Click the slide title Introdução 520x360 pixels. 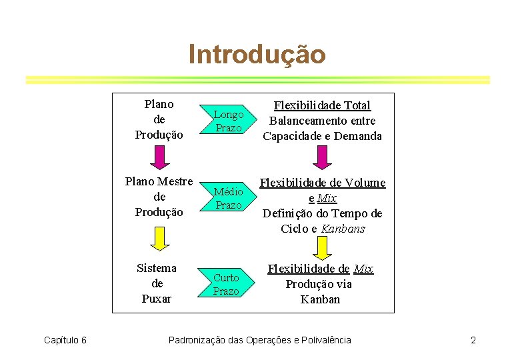pos(257,54)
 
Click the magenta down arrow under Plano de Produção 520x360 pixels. pos(159,157)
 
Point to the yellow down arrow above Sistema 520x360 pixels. pos(159,237)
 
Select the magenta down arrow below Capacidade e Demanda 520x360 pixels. pos(322,157)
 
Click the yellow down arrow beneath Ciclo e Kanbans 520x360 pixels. pos(322,248)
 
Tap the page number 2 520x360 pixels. pos(473,341)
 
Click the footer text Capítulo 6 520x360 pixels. pos(65,341)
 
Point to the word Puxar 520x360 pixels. pos(156,299)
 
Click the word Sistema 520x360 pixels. pos(156,268)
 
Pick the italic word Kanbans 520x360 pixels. pos(343,229)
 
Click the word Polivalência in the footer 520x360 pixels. pos(322,341)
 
